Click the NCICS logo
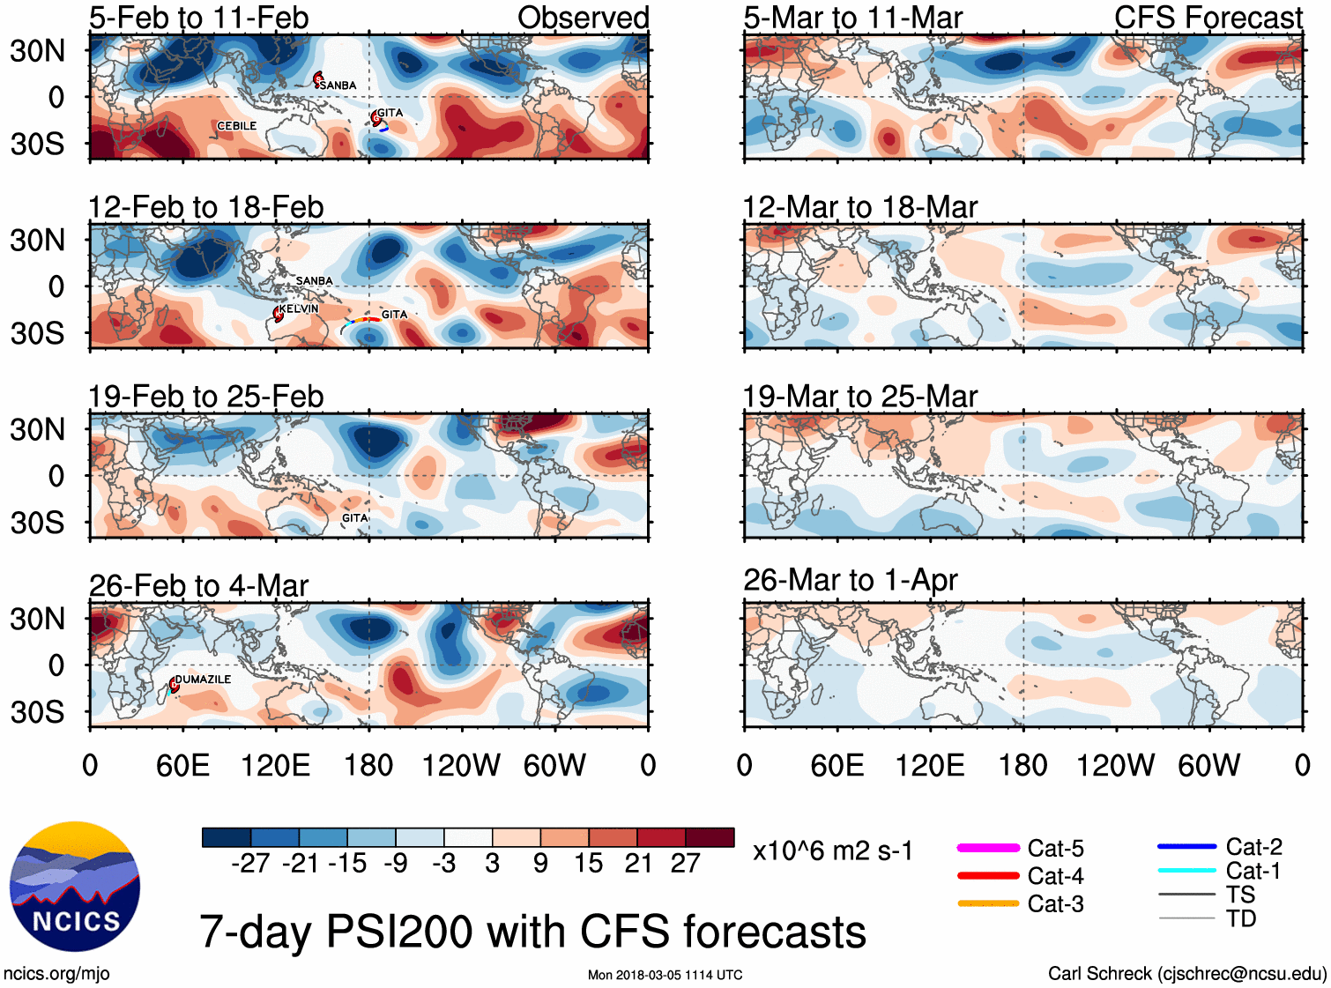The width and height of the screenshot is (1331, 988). pyautogui.click(x=75, y=887)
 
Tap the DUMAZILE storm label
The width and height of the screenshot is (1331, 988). pyautogui.click(x=203, y=680)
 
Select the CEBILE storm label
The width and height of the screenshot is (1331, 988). pyautogui.click(x=237, y=126)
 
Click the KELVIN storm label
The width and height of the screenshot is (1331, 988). pyautogui.click(x=299, y=308)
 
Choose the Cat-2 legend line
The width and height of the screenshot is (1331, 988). pyautogui.click(x=1186, y=847)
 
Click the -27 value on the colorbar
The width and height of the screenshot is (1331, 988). pyautogui.click(x=250, y=863)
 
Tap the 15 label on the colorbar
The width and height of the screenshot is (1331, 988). pyautogui.click(x=588, y=863)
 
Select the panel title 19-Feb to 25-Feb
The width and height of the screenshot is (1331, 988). pyautogui.click(x=206, y=397)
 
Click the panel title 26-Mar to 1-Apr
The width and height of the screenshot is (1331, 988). pyautogui.click(x=851, y=580)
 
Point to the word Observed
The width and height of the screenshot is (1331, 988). pyautogui.click(x=583, y=17)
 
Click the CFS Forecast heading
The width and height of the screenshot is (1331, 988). pyautogui.click(x=1208, y=17)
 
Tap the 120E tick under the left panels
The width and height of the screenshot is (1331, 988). pyautogui.click(x=275, y=765)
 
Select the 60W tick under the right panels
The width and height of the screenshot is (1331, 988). pyautogui.click(x=1208, y=765)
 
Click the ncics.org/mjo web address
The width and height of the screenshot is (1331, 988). pyautogui.click(x=56, y=974)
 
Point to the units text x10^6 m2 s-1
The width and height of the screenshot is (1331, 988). pyautogui.click(x=832, y=851)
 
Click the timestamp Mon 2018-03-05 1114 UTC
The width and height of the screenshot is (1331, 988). pyautogui.click(x=665, y=975)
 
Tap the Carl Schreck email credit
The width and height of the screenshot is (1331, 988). pyautogui.click(x=1186, y=974)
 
